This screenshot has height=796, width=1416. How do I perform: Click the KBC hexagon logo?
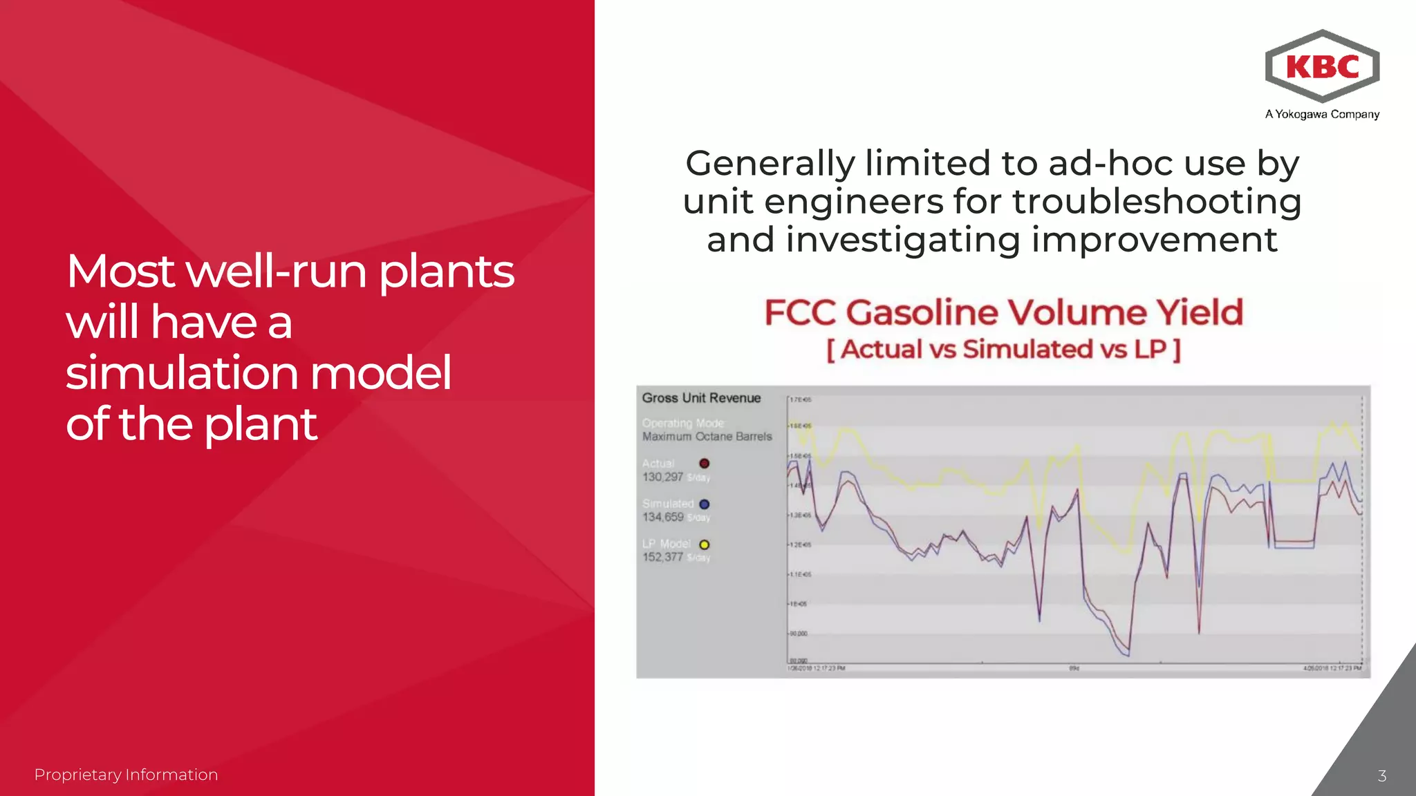tap(1322, 66)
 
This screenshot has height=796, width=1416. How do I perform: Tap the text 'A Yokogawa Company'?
tap(1322, 115)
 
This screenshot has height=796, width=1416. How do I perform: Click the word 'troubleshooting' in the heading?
tap(1157, 202)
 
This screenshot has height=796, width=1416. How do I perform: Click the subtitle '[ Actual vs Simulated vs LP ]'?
tap(1003, 350)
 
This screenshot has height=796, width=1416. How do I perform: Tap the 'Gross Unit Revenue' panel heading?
tap(701, 398)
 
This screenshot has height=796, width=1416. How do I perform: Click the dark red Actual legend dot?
tap(704, 464)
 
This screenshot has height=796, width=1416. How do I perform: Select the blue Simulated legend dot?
tap(704, 504)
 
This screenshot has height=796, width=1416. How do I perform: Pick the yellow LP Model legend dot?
tap(704, 544)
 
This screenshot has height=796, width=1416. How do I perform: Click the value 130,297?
tap(662, 477)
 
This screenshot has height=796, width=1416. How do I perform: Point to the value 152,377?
tap(662, 558)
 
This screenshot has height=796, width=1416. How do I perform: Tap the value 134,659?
tap(662, 518)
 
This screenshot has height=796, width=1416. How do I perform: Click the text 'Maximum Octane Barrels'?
tap(707, 437)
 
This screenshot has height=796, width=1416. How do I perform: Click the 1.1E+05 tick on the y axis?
tap(800, 575)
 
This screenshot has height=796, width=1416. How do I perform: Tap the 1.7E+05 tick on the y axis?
tap(801, 400)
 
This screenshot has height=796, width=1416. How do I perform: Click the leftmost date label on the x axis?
tap(817, 668)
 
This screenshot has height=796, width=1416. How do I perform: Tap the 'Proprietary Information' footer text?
tap(126, 775)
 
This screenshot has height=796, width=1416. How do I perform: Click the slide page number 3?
tap(1381, 776)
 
